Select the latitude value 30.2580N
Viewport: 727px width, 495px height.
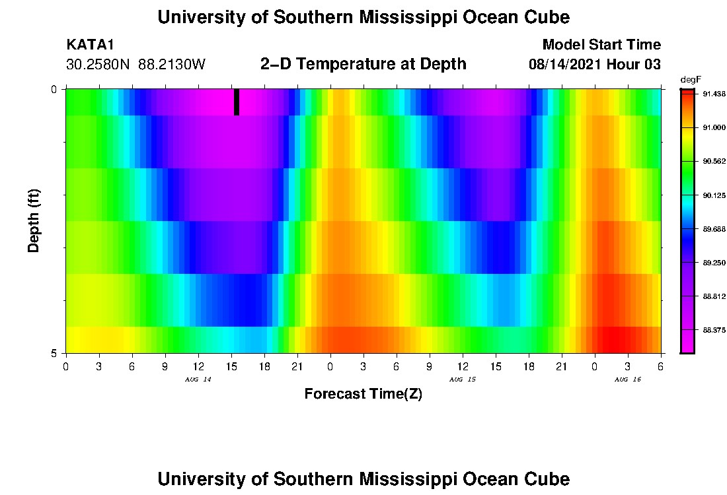(98, 65)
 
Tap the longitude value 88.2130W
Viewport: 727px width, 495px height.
(172, 65)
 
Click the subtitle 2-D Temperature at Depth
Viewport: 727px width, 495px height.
(363, 64)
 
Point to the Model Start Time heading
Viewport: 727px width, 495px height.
(601, 45)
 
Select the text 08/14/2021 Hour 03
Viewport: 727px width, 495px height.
(595, 65)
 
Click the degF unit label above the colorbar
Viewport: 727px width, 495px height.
(691, 79)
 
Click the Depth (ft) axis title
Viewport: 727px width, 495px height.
(34, 220)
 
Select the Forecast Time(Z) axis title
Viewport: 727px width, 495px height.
(363, 394)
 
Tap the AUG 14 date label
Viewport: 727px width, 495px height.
(198, 379)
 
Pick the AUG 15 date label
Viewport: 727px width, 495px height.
(463, 379)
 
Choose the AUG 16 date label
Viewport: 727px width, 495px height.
(628, 379)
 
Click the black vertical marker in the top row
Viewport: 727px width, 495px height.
(237, 102)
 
